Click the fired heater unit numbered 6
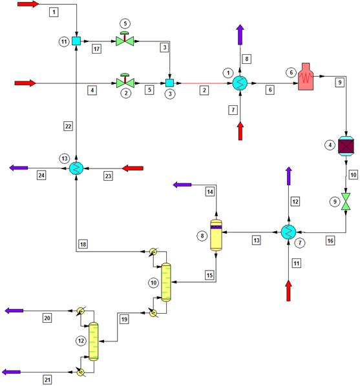(306, 76)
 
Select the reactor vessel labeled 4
(346, 146)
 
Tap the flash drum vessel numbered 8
(216, 235)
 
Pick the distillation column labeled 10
(166, 282)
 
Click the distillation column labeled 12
(94, 341)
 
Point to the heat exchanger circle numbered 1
(240, 83)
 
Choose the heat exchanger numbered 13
(76, 168)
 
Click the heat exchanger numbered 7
(288, 232)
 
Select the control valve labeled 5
(125, 39)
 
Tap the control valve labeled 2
(125, 81)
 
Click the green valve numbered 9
(346, 201)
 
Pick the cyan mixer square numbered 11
(76, 41)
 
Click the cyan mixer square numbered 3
(169, 83)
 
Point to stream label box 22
(68, 127)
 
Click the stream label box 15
(209, 275)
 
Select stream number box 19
(124, 320)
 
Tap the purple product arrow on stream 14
(182, 185)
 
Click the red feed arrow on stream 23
(133, 168)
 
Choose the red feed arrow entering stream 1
(28, 4)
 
